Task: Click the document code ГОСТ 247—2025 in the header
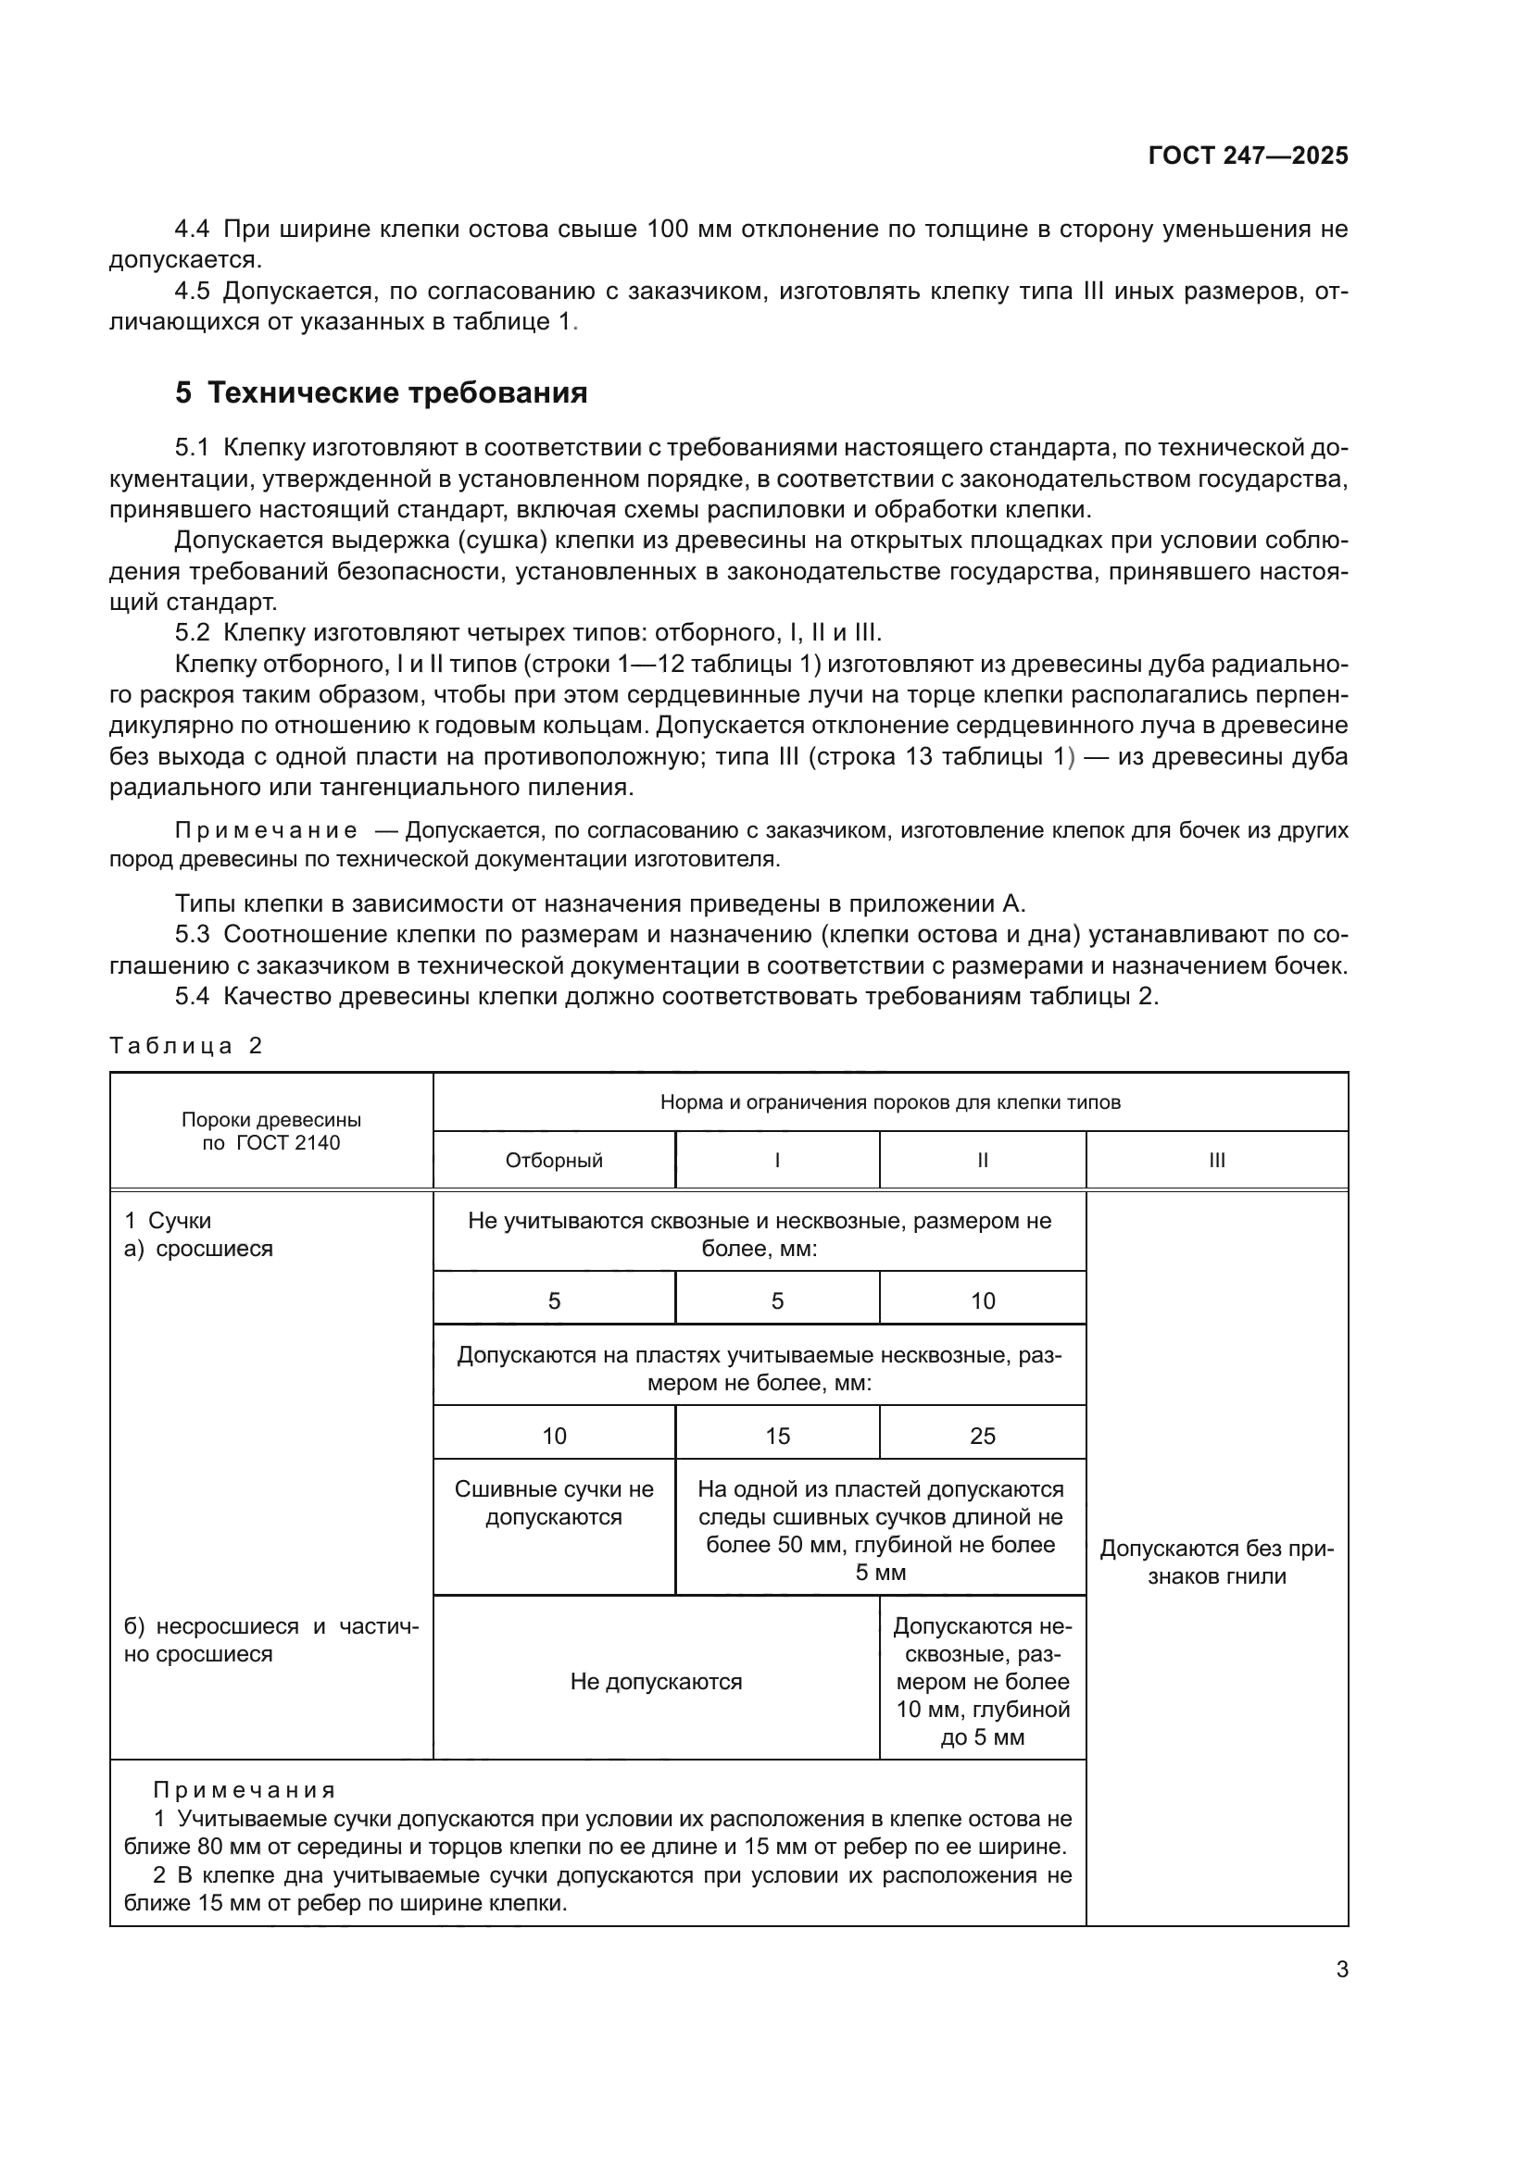pyautogui.click(x=1247, y=156)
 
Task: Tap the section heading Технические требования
pyautogui.click(x=396, y=392)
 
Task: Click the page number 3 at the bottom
pyautogui.click(x=1341, y=1970)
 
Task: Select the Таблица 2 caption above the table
pyautogui.click(x=186, y=1046)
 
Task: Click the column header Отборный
pyautogui.click(x=554, y=1161)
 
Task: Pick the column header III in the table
pyautogui.click(x=1216, y=1161)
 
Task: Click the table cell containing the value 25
pyautogui.click(x=982, y=1437)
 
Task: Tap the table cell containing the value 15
pyautogui.click(x=777, y=1437)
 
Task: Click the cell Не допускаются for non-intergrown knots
pyautogui.click(x=656, y=1682)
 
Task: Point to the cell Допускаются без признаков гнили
pyautogui.click(x=1216, y=1562)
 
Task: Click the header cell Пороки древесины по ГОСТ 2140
pyautogui.click(x=270, y=1131)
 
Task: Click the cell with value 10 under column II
pyautogui.click(x=982, y=1301)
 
